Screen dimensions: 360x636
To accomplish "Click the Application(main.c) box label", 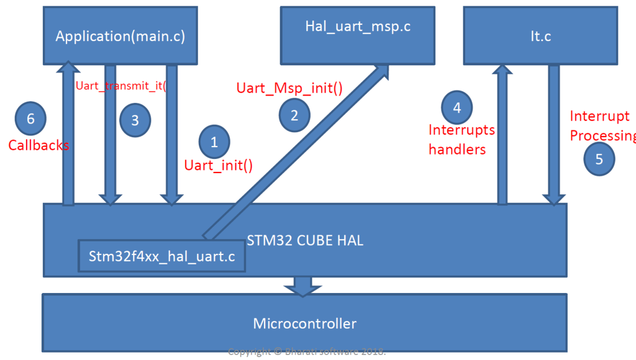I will pos(120,36).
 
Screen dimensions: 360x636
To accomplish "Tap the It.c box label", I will pos(540,36).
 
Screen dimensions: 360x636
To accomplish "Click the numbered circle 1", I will pos(214,142).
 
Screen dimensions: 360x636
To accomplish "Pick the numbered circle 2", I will pos(294,115).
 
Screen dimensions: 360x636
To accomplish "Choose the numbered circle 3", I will pos(135,120).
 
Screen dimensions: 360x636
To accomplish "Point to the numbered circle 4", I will pos(457,107).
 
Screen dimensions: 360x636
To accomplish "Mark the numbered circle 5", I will pos(599,159).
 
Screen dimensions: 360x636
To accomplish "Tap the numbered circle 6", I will pos(31,118).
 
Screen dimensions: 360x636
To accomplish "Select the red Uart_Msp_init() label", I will pos(289,88).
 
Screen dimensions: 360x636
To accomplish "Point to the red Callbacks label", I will pos(39,145).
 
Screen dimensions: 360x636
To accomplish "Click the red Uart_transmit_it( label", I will pos(121,86).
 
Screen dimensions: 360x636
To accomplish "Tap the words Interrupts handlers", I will pos(461,140).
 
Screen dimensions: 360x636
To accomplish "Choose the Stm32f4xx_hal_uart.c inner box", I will pos(161,256).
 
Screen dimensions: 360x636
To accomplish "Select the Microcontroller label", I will pos(304,323).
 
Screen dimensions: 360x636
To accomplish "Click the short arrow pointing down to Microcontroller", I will pos(302,286).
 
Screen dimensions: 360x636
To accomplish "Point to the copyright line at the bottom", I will pos(307,352).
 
